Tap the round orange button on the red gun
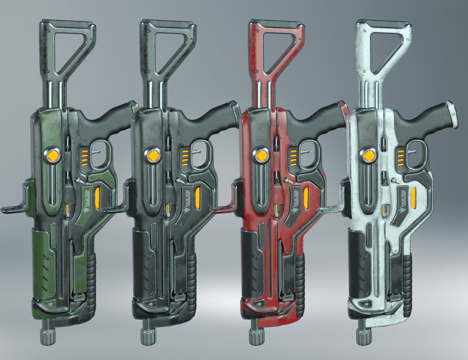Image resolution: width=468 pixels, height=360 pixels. click(260, 156)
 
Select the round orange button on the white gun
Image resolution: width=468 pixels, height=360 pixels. click(368, 156)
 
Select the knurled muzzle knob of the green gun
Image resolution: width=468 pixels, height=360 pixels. click(48, 336)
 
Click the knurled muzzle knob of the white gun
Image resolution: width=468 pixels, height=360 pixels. click(364, 336)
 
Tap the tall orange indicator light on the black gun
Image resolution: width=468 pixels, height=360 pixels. click(197, 197)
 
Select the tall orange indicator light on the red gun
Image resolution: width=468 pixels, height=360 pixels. click(306, 197)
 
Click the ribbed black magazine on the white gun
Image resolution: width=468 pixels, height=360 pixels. click(407, 281)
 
